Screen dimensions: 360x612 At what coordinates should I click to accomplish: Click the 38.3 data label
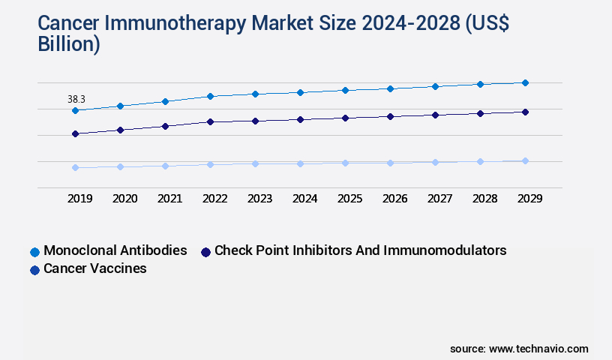76,99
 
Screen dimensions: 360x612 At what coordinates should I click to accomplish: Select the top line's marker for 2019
75,110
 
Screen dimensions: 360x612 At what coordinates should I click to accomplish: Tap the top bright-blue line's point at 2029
525,82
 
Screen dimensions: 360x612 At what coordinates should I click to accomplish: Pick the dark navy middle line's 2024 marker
300,119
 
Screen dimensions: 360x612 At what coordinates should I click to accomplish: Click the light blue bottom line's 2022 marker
210,164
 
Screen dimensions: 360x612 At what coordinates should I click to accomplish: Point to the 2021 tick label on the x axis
169,199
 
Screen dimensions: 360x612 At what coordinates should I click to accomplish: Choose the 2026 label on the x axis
394,199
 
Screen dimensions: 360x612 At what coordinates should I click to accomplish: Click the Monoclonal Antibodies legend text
115,250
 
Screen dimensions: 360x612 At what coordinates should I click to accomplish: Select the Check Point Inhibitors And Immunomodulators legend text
360,250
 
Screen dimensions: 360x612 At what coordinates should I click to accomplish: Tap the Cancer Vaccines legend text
95,268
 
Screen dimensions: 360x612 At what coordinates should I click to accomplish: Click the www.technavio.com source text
538,349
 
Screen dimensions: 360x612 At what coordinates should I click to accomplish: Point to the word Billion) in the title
69,44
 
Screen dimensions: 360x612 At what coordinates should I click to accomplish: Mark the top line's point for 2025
345,90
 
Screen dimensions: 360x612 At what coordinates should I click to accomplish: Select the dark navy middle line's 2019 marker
75,133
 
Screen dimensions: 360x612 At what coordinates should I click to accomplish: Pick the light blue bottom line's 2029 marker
525,160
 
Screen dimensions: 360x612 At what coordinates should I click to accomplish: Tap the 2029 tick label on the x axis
529,199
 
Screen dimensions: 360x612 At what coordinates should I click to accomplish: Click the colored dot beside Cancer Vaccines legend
34,269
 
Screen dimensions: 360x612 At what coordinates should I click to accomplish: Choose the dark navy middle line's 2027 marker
435,115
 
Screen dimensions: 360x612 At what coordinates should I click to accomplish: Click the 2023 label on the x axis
259,199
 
